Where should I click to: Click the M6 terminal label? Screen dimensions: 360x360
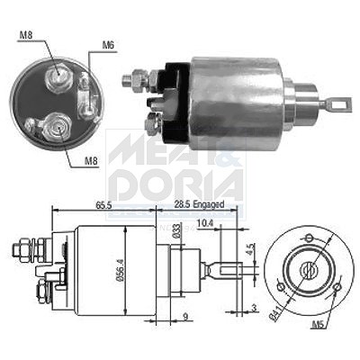(x=108, y=46)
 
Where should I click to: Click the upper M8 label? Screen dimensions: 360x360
(x=26, y=35)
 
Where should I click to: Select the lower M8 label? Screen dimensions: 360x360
(x=91, y=161)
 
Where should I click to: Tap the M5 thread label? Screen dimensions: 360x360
(x=319, y=325)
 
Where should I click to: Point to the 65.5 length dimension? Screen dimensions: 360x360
(x=103, y=205)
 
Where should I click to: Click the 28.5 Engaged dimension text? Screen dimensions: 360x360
(x=199, y=204)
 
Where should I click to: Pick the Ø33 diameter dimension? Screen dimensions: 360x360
(x=177, y=230)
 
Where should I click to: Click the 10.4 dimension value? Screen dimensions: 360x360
(x=205, y=223)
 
